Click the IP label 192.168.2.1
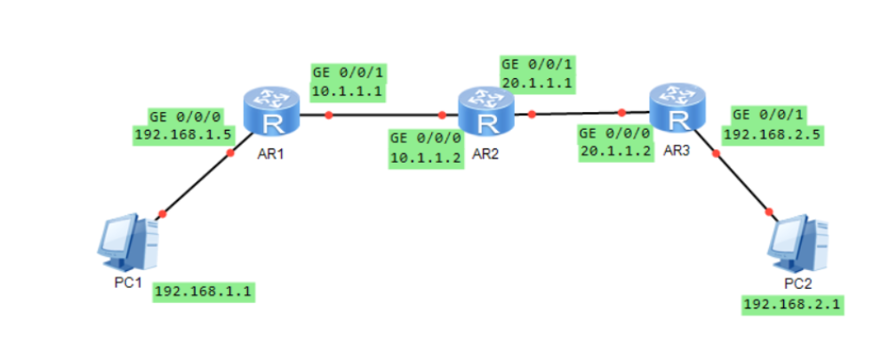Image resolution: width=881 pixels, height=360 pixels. (793, 305)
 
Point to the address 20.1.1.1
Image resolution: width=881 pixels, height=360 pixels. (535, 83)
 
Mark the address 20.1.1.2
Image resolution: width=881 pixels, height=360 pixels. (615, 151)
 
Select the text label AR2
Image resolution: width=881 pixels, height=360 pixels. (486, 154)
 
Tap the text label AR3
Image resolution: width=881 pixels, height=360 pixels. (677, 148)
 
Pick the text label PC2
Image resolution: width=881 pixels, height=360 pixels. (797, 283)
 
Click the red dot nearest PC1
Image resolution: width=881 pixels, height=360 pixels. (162, 213)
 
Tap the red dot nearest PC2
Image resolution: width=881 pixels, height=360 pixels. (769, 212)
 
